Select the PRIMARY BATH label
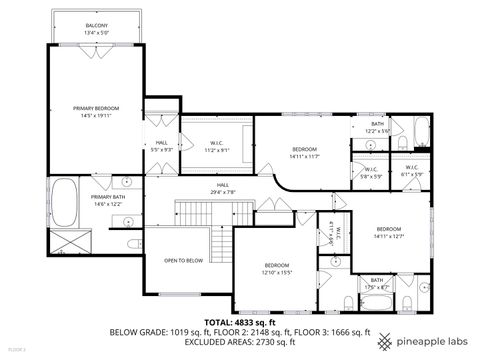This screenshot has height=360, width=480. click(107, 197)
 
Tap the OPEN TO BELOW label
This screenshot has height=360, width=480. click(184, 260)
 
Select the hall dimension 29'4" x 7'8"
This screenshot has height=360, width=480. click(223, 191)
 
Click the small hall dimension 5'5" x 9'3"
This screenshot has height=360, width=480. click(162, 150)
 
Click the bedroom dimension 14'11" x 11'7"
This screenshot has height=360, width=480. click(304, 155)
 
